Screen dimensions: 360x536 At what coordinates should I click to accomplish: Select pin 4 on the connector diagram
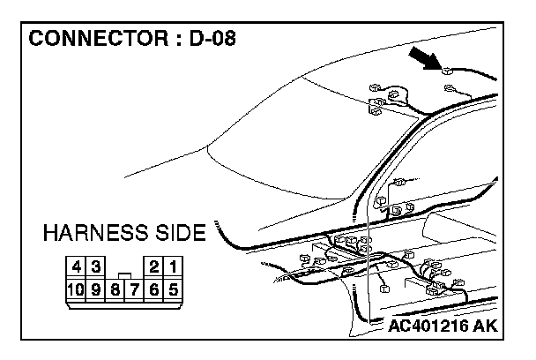(x=78, y=266)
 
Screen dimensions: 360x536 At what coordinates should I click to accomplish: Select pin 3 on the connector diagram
(x=96, y=266)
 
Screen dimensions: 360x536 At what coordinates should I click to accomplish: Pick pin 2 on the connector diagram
(x=155, y=266)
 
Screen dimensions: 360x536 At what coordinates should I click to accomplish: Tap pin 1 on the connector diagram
(x=175, y=266)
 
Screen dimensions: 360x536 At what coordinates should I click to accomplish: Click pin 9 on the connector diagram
(x=96, y=288)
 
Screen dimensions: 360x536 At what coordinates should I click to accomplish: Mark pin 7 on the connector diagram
(x=135, y=288)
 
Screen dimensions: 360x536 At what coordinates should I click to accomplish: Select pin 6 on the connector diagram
(x=155, y=288)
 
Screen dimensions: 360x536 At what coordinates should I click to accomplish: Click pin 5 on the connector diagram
(x=175, y=288)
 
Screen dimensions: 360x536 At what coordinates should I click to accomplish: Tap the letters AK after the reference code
(x=485, y=326)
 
